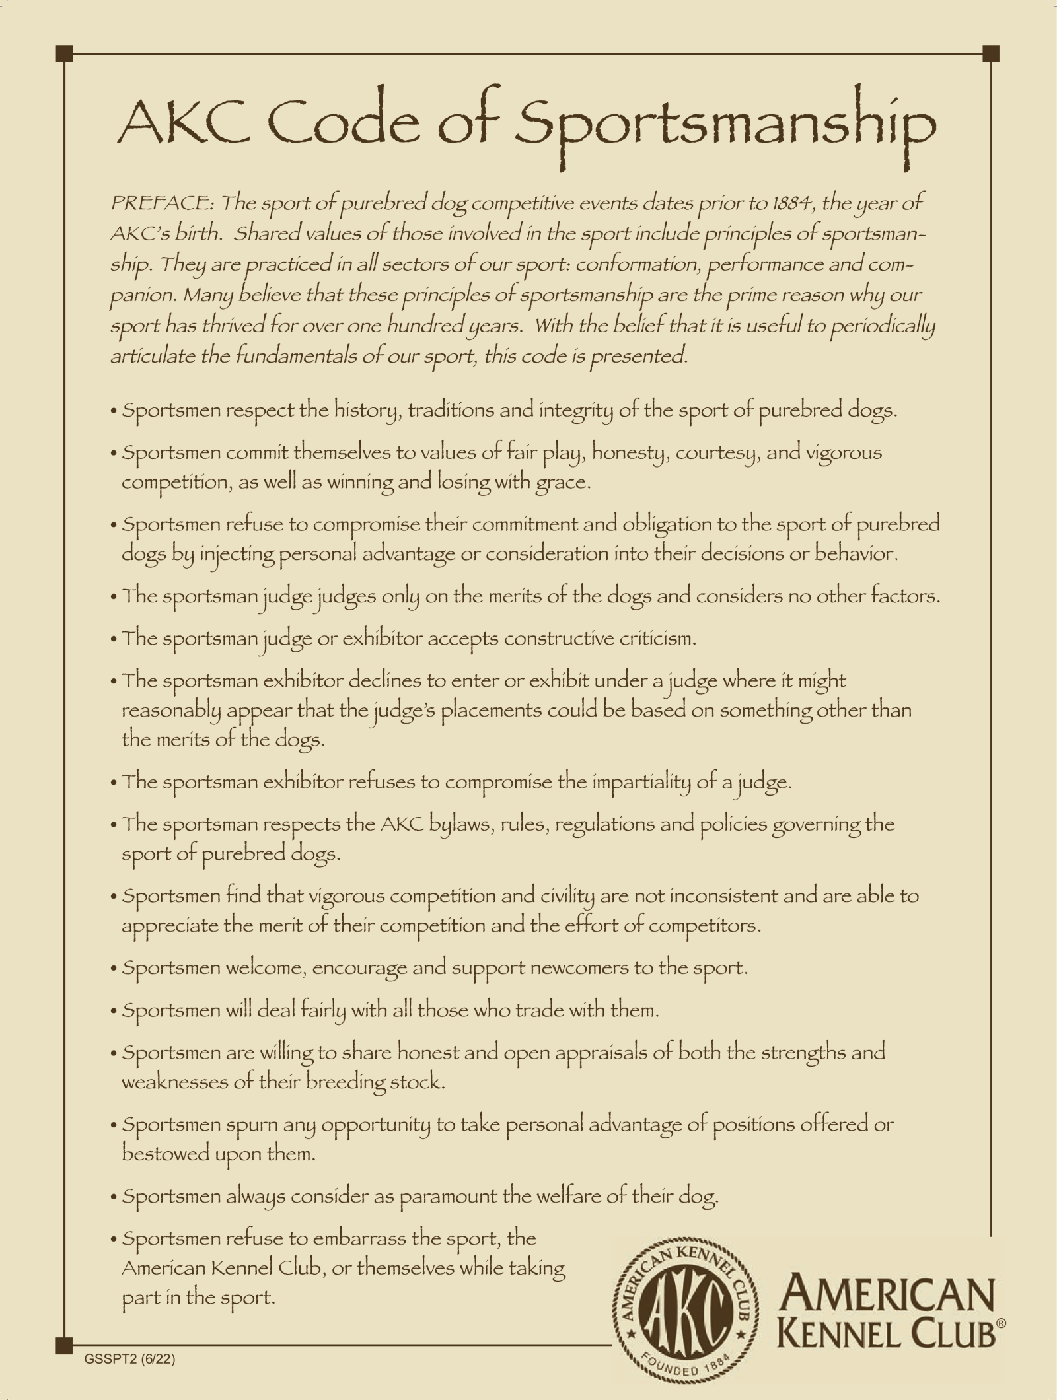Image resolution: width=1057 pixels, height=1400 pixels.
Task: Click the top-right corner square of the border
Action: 991,53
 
